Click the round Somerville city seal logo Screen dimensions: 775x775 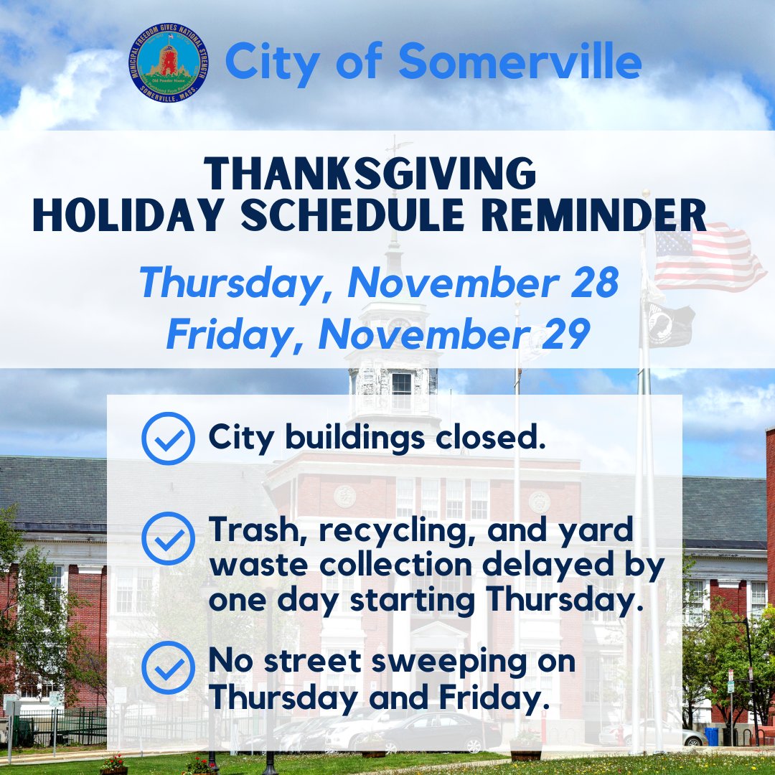(169, 62)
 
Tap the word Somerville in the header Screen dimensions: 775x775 (520, 62)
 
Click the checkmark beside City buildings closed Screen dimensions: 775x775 (168, 439)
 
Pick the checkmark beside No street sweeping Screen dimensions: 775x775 (168, 667)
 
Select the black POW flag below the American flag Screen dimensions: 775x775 (670, 323)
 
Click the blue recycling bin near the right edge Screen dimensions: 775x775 (711, 736)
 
